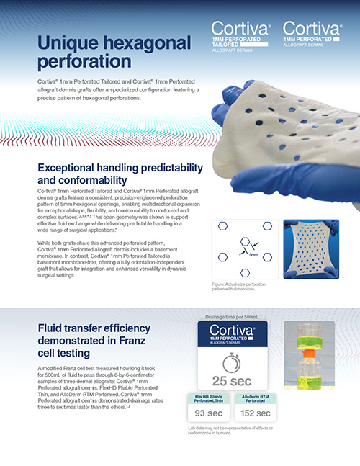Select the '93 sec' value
[x=212, y=413]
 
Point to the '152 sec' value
[x=256, y=413]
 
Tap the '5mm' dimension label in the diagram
[x=251, y=254]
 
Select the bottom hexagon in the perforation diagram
[x=244, y=272]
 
